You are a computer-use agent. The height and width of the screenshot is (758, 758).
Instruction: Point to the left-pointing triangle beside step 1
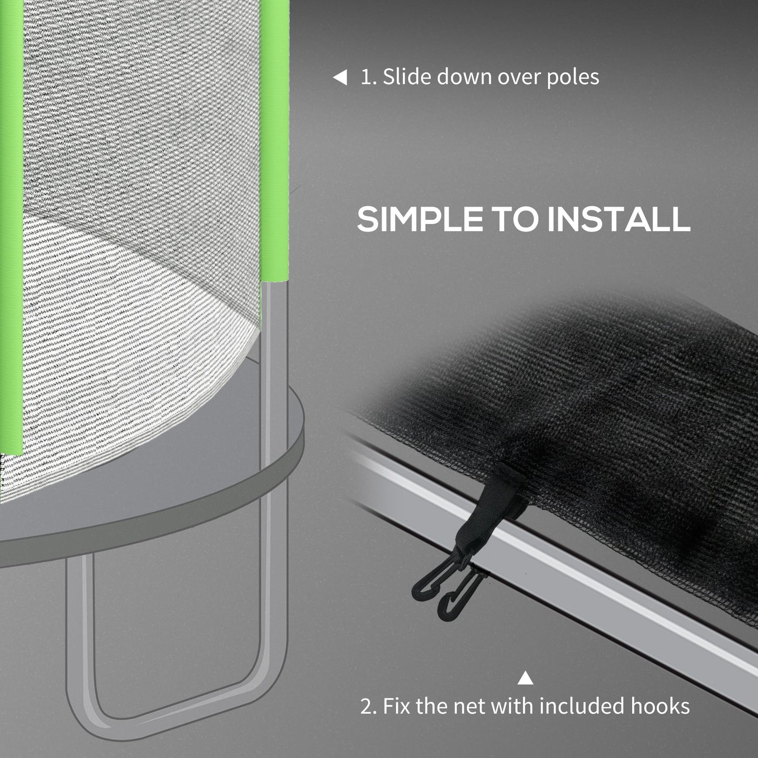click(340, 78)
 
